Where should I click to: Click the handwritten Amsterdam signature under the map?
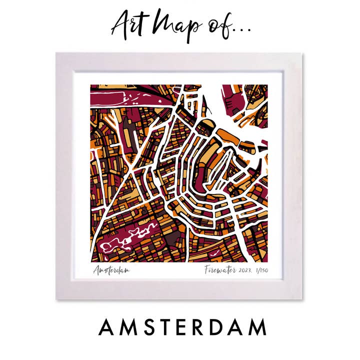(x=111, y=270)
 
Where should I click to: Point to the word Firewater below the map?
(x=219, y=270)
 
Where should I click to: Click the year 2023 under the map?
(x=245, y=270)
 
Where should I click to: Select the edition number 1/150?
(x=261, y=270)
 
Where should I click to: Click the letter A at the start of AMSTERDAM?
(x=107, y=328)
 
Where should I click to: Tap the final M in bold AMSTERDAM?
(x=255, y=328)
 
